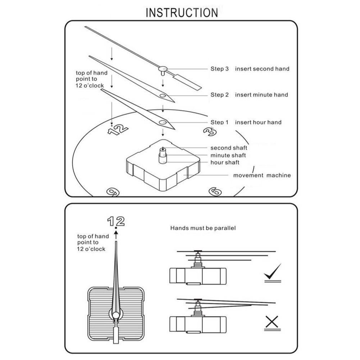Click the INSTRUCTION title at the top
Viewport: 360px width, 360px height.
[x=182, y=13]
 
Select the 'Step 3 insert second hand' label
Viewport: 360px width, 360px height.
[x=250, y=69]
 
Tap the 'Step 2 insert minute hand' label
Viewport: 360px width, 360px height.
[x=249, y=95]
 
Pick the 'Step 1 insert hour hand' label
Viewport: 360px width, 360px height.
[x=246, y=122]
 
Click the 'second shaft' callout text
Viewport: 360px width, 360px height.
[x=229, y=148]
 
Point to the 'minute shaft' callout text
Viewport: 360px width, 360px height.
[x=228, y=155]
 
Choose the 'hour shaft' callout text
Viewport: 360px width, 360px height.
[x=225, y=163]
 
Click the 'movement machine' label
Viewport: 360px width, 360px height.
[x=262, y=176]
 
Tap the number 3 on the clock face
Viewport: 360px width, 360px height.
[x=210, y=132]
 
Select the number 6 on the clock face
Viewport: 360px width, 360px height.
[x=215, y=192]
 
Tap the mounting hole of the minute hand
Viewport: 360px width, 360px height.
[x=163, y=96]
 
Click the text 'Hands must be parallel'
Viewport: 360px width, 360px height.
[x=203, y=228]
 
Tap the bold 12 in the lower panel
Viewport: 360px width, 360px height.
[x=116, y=221]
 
